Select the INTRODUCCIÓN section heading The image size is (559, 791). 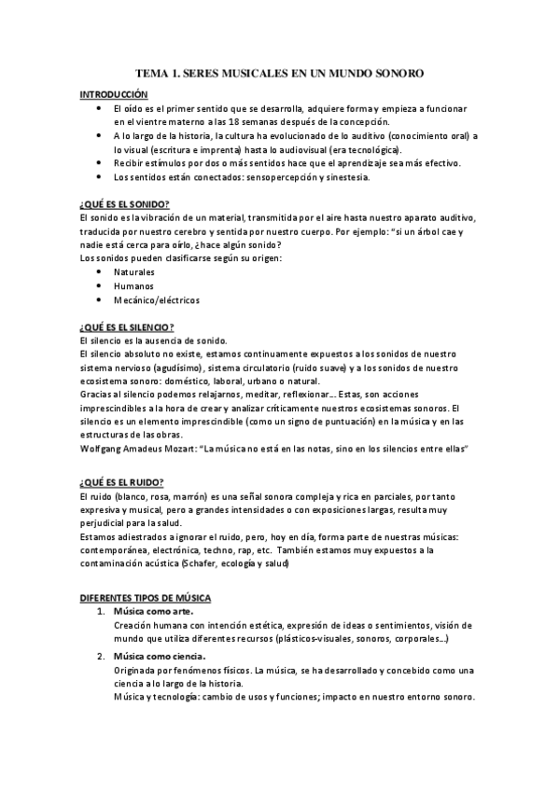114,94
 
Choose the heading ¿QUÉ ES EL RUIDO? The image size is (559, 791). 121,481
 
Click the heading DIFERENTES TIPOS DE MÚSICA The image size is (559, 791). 145,596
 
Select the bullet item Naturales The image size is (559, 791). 134,271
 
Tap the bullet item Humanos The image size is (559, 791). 133,285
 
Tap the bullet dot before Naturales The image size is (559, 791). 101,271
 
